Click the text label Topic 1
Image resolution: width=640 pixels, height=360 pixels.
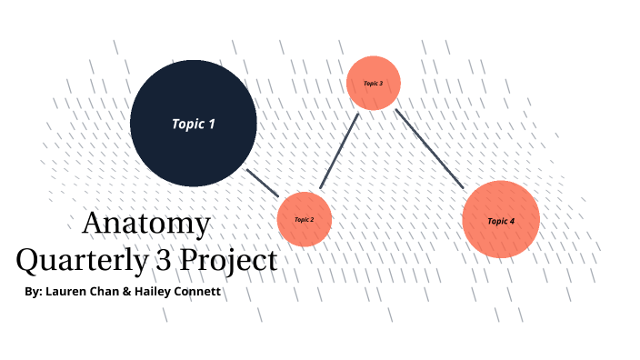[194, 124]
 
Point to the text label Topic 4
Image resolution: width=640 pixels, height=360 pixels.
[501, 221]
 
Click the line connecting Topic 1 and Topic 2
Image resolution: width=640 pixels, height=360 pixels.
[264, 182]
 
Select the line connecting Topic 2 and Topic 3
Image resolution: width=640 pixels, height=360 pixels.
[340, 151]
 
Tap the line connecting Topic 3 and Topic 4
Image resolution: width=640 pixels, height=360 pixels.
[429, 149]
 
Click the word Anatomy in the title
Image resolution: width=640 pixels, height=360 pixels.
[145, 224]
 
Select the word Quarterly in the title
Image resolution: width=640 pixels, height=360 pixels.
[80, 261]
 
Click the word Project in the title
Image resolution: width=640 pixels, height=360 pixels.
[227, 261]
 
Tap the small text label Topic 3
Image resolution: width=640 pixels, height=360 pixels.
[374, 84]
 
